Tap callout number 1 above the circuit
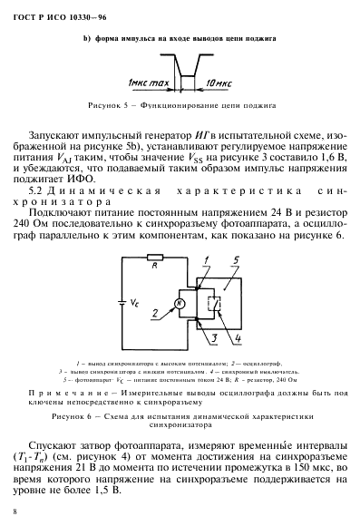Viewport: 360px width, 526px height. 205,261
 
